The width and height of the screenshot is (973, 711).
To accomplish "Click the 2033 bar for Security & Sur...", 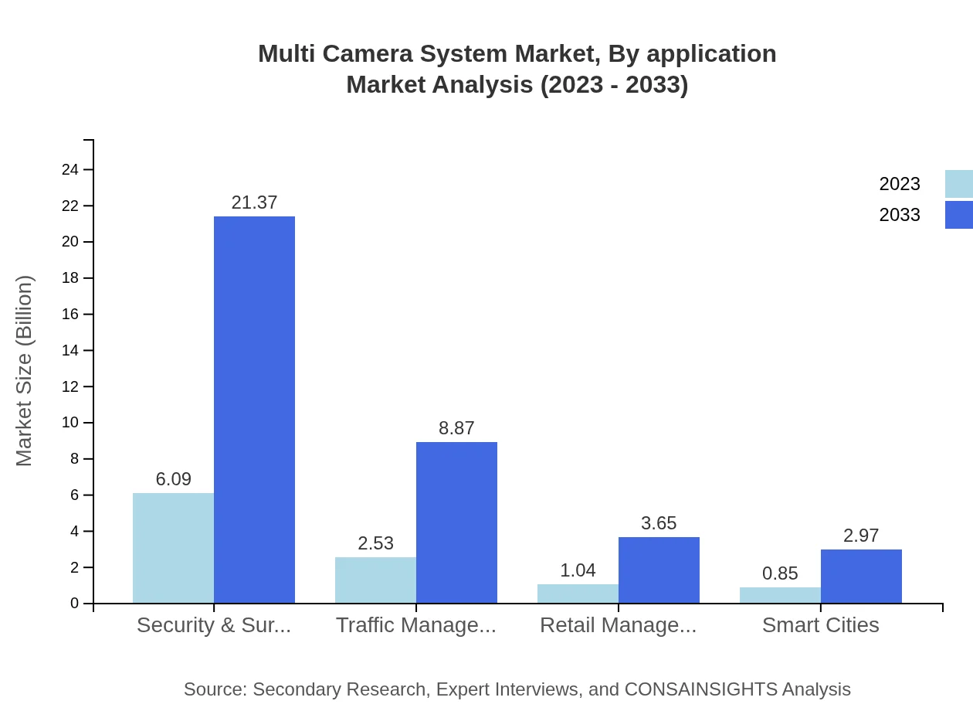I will (254, 410).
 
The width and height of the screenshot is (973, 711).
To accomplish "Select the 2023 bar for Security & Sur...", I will (173, 548).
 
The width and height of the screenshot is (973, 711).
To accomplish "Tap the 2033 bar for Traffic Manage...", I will (456, 522).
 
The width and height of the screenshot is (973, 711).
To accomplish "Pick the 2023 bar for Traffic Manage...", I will (375, 580).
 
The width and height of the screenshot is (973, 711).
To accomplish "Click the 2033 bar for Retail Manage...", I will (659, 570).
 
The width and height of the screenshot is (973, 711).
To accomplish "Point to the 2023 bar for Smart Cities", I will (780, 595).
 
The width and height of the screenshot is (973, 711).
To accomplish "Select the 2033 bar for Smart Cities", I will (861, 576).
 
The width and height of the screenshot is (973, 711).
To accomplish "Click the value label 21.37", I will (254, 202).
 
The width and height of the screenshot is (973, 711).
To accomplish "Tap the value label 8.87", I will (456, 428).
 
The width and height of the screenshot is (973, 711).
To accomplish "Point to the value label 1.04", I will (578, 570).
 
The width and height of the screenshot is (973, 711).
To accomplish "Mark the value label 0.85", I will (780, 573).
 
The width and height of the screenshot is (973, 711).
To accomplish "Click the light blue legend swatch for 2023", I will (958, 184).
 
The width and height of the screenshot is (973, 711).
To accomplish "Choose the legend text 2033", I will (900, 215).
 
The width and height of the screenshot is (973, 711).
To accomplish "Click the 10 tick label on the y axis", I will (70, 423).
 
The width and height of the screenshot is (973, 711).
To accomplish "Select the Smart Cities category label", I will (820, 624).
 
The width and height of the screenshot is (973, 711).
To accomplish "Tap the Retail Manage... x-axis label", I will (618, 624).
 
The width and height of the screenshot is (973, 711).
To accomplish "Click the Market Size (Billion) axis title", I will (25, 371).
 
